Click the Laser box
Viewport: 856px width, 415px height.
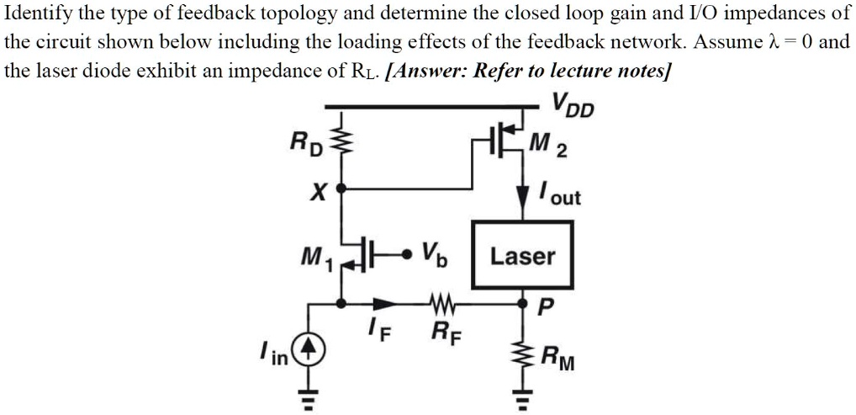point(522,256)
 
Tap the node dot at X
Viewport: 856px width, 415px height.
point(341,190)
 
